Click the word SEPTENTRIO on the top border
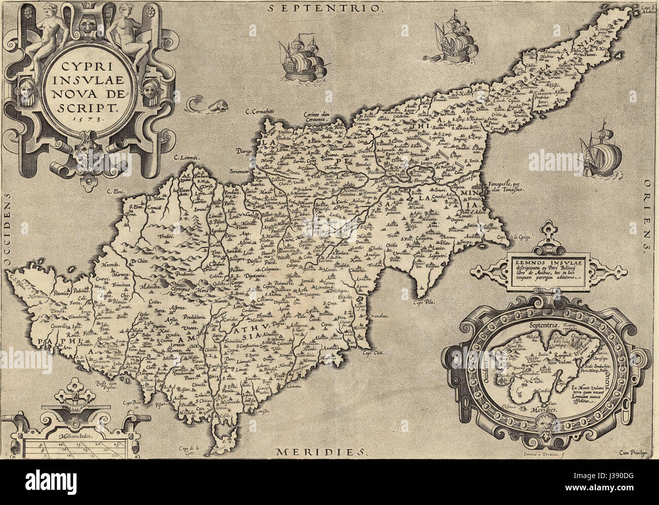[x=324, y=8]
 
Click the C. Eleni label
[x=116, y=191]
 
